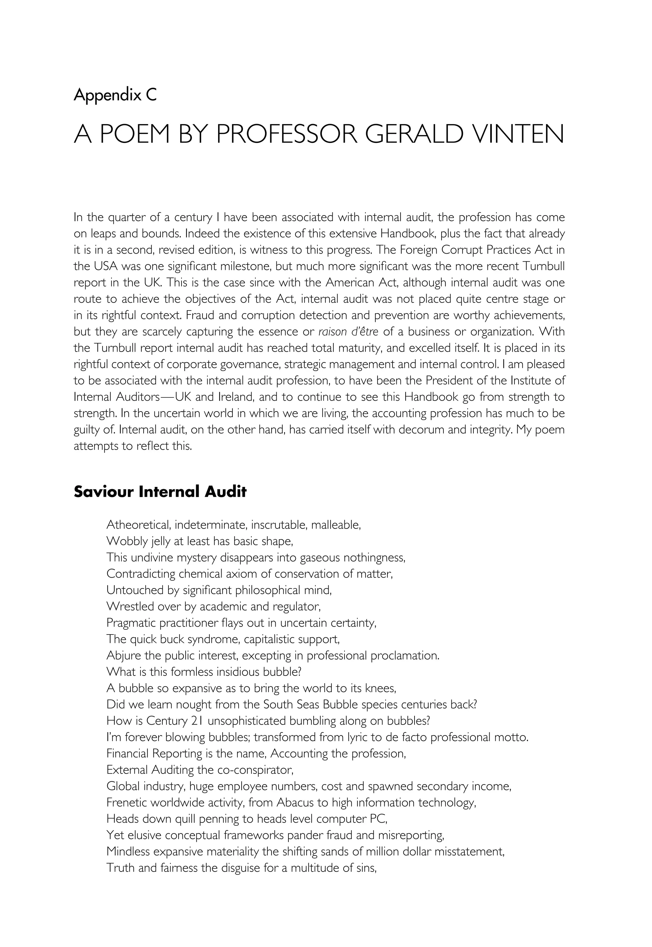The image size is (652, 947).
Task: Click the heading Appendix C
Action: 115,95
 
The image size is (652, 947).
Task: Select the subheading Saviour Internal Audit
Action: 160,492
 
